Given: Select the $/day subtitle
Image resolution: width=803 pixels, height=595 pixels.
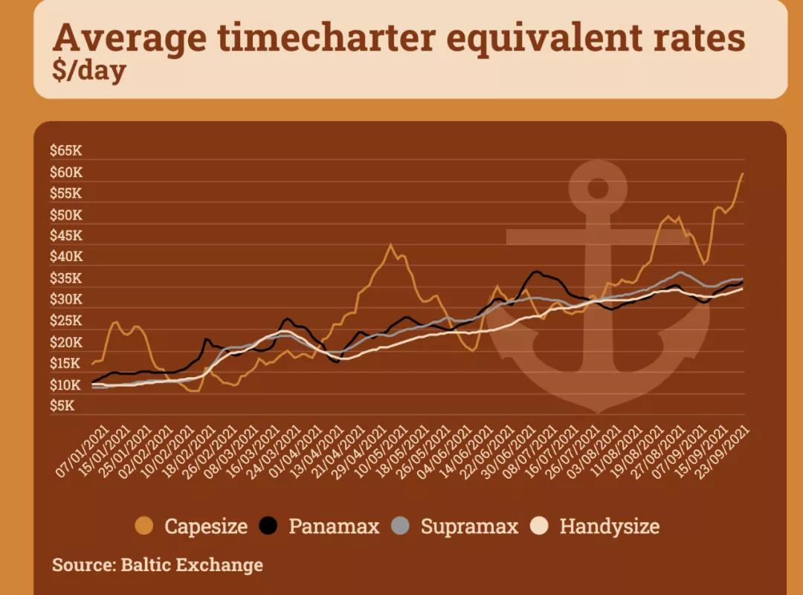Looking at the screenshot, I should [88, 72].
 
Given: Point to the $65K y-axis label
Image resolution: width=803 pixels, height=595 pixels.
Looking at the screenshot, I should [65, 151].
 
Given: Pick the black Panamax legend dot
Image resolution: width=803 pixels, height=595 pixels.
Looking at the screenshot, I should [269, 527].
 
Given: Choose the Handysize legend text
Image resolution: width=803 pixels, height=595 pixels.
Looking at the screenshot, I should [609, 527].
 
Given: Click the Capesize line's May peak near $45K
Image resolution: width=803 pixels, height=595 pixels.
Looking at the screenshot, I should [390, 245].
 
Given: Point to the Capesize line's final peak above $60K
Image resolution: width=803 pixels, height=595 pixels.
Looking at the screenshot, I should [742, 173].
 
